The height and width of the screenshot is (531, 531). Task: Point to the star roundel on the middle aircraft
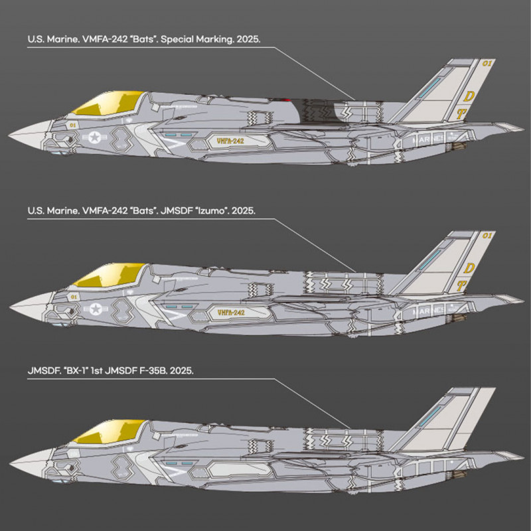97,307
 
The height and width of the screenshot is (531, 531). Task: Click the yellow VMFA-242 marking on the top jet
230,141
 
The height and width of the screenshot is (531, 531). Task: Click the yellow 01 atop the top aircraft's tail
487,64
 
